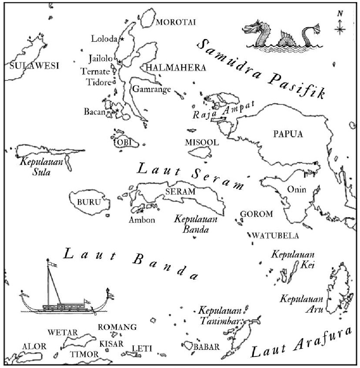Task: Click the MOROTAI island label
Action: tap(176, 23)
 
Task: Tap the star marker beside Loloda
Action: tap(122, 39)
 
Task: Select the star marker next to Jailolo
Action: tap(120, 62)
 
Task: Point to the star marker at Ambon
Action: tap(142, 211)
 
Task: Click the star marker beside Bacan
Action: tap(117, 110)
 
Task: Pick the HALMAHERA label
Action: tap(176, 68)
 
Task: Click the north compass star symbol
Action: tap(339, 29)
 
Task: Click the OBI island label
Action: tap(122, 142)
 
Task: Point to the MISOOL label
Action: tap(202, 142)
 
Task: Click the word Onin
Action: tap(297, 189)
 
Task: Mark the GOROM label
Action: tap(257, 214)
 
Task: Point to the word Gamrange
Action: tap(152, 89)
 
